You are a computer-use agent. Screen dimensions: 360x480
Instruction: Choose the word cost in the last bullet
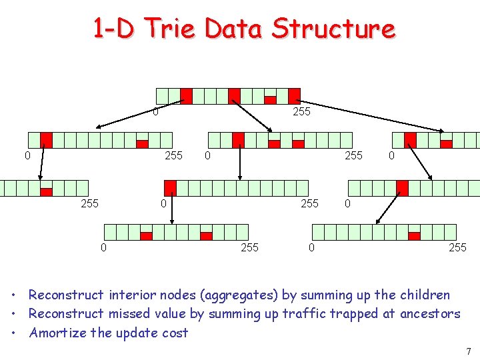point(176,333)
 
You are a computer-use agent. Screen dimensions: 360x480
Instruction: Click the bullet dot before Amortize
point(14,333)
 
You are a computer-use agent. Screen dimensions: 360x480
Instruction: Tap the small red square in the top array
point(270,100)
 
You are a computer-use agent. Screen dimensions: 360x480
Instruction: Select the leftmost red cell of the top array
point(186,97)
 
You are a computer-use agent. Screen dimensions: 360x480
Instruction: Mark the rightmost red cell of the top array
point(294,97)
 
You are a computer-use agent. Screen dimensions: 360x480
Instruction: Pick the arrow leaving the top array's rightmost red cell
point(373,117)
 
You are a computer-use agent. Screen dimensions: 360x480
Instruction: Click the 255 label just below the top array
point(302,112)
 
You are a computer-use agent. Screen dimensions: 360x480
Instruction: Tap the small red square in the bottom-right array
point(414,235)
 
